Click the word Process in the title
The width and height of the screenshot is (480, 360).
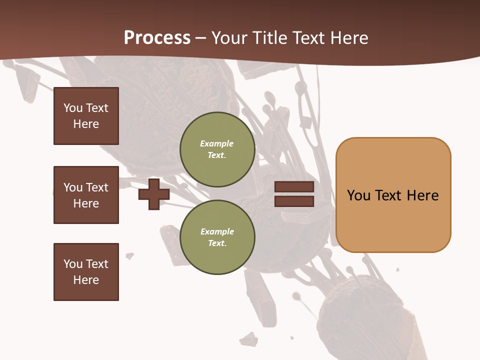[x=157, y=38]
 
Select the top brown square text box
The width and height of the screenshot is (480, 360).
[x=86, y=116]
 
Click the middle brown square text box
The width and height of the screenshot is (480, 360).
[x=86, y=195]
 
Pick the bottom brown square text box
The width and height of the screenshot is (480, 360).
[x=86, y=272]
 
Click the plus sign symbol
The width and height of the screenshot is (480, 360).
[x=154, y=194]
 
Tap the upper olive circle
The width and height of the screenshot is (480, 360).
[x=217, y=149]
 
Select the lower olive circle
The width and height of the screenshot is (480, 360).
[x=217, y=237]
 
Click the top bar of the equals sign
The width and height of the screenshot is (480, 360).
[x=294, y=187]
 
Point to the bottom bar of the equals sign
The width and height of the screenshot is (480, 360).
[x=294, y=201]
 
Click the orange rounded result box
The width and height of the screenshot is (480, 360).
[x=393, y=195]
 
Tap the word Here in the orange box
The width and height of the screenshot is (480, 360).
[x=422, y=195]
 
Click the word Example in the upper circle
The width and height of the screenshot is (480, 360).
[x=216, y=143]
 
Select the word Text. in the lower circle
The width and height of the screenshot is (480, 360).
[x=217, y=243]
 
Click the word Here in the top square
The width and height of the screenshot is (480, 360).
[x=86, y=124]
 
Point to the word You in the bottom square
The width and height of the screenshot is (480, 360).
[x=73, y=263]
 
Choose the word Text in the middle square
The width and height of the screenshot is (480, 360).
[x=96, y=187]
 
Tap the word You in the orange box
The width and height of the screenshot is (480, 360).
[x=358, y=195]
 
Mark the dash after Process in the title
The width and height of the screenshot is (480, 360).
[x=201, y=38]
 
